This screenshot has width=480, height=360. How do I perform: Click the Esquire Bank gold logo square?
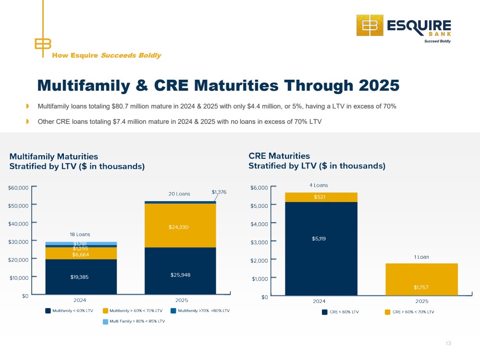[x=370, y=25]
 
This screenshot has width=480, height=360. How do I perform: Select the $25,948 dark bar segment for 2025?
[x=180, y=271]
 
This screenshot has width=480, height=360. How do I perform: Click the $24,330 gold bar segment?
[x=180, y=226]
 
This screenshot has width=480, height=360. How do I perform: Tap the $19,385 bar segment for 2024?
[x=81, y=277]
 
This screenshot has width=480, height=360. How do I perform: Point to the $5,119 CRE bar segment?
[x=321, y=249]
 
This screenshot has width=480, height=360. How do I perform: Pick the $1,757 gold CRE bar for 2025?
[x=421, y=279]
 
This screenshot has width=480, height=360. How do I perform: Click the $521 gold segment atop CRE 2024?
[x=321, y=197]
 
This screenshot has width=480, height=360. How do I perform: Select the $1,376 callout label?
[x=219, y=192]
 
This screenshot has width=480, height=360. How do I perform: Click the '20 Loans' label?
[x=179, y=194]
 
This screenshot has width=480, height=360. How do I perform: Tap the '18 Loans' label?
[x=80, y=234]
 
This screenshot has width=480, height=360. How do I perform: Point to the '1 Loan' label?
[x=421, y=257]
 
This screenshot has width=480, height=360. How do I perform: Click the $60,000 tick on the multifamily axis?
[x=34, y=186]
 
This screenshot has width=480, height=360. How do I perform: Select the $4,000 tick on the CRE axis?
[x=273, y=223]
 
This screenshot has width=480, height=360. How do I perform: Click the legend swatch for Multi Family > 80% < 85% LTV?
[x=105, y=322]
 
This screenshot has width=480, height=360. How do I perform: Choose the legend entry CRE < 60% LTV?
[x=340, y=312]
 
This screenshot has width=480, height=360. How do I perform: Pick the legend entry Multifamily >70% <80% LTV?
[x=200, y=311]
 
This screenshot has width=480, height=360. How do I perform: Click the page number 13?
[x=448, y=344]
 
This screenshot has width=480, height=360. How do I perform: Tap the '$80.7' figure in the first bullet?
[x=119, y=107]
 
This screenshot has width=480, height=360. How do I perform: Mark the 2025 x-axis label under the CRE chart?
[x=421, y=301]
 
